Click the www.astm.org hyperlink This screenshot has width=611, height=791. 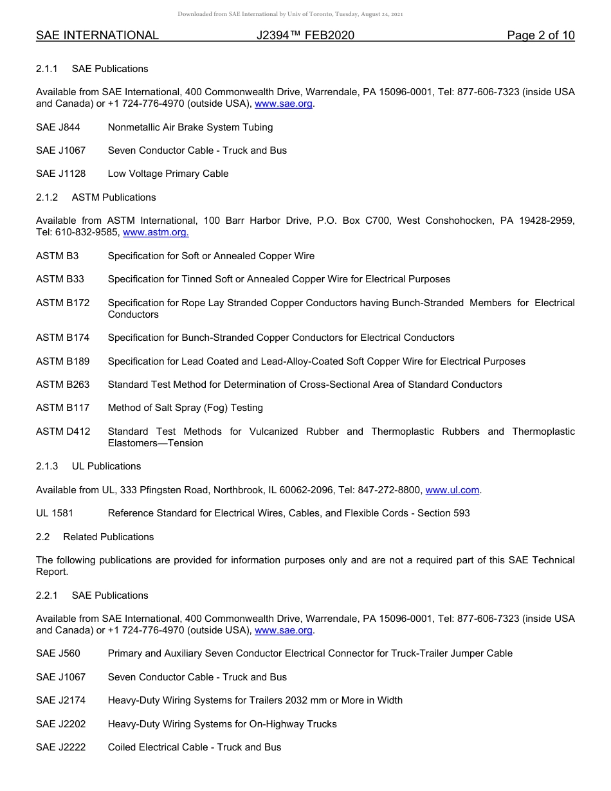click(156, 233)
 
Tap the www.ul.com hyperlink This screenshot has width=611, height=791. click(453, 490)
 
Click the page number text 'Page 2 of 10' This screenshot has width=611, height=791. click(540, 35)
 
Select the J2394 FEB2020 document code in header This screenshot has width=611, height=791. click(305, 35)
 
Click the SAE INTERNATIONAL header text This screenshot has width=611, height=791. click(97, 35)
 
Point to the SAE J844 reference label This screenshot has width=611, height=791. click(58, 127)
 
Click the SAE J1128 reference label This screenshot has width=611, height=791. click(60, 174)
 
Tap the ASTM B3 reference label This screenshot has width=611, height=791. click(57, 256)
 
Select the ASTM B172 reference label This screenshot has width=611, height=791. click(62, 303)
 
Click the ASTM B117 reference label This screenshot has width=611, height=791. click(62, 408)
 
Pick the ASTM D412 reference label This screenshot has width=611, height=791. click(63, 432)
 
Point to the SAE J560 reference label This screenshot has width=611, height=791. click(58, 653)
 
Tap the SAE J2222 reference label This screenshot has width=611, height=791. click(60, 747)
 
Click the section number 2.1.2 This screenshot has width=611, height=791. click(47, 197)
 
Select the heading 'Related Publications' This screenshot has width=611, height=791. click(109, 537)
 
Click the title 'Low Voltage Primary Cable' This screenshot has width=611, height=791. click(168, 174)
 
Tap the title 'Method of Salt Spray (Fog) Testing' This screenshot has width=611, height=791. click(185, 408)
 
